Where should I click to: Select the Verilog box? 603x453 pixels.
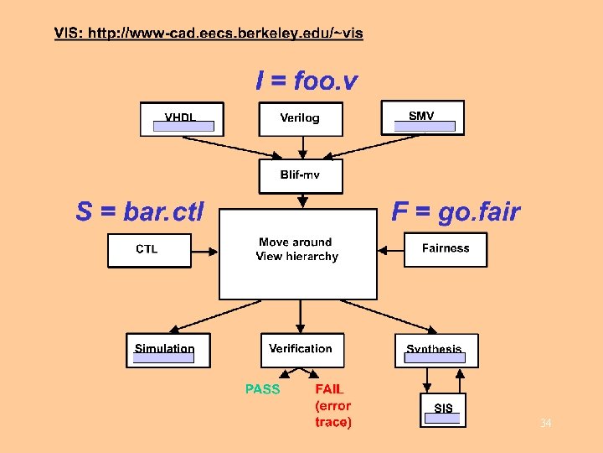(300, 118)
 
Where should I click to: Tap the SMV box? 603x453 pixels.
(422, 117)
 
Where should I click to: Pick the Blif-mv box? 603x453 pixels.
(300, 175)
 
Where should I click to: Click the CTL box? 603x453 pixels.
(147, 249)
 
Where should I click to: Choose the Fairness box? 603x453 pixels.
(445, 249)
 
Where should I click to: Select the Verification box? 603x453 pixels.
(301, 349)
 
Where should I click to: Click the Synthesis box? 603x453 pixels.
(435, 350)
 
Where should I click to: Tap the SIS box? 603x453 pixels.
(443, 409)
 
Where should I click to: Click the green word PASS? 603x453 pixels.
(263, 389)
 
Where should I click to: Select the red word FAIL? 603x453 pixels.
(329, 389)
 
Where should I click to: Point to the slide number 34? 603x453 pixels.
(545, 424)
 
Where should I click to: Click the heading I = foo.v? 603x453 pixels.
(306, 81)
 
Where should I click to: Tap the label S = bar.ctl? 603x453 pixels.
(140, 212)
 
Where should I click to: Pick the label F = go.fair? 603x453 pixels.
(456, 212)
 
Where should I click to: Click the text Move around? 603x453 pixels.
(296, 242)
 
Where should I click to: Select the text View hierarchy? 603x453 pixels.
(297, 257)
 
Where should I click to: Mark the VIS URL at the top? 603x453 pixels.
(209, 33)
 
